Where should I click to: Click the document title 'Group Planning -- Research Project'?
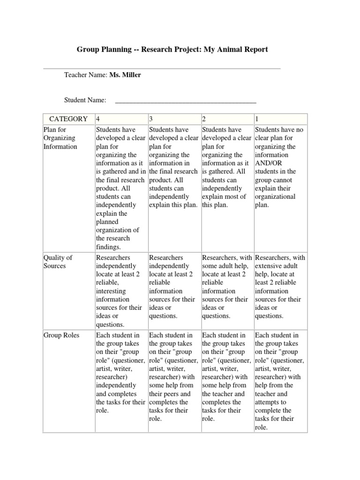tap(172, 49)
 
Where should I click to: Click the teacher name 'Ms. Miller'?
tap(125, 75)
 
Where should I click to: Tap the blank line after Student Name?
tap(185, 100)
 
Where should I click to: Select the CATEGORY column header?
tap(68, 119)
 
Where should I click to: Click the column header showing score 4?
tap(98, 119)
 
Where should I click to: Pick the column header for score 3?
tap(151, 119)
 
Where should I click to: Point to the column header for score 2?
tap(204, 119)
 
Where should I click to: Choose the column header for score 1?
tap(257, 119)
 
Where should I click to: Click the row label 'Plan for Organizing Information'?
tap(60, 138)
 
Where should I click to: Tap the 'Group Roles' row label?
tap(61, 335)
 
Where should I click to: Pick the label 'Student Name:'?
tap(85, 100)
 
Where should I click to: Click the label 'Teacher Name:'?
tap(86, 75)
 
